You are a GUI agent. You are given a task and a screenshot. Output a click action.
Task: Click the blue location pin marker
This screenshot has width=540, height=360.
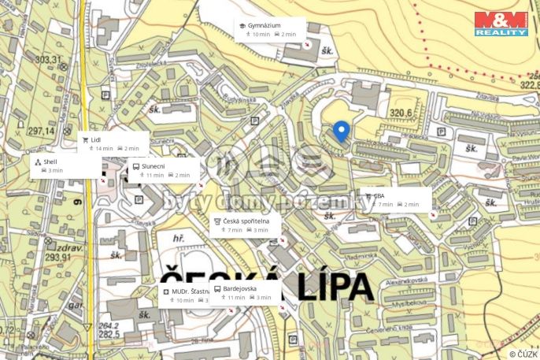(340, 132)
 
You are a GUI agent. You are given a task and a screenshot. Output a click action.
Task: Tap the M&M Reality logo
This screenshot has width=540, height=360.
(501, 23)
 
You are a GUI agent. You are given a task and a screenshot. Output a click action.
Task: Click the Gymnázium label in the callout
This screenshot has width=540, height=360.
(264, 25)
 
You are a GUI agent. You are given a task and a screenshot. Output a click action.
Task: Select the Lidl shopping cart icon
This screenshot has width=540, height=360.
(85, 139)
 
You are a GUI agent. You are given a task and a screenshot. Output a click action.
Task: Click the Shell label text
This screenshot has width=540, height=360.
(50, 161)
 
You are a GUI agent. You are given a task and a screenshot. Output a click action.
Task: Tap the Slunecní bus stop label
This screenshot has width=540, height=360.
(153, 166)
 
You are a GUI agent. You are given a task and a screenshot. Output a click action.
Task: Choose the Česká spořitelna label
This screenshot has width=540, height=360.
(246, 221)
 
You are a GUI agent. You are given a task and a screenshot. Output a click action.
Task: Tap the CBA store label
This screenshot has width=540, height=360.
(379, 195)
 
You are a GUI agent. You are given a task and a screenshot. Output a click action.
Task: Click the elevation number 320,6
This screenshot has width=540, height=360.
(402, 113)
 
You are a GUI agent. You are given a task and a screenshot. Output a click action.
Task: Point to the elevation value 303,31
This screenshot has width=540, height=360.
(47, 59)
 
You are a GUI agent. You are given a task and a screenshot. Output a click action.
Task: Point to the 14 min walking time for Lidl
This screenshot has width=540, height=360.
(104, 148)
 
